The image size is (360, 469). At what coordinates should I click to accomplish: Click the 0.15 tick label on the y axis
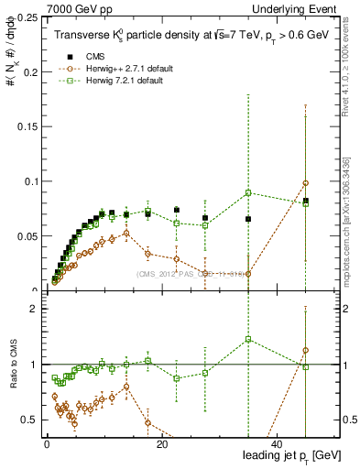point(27,126)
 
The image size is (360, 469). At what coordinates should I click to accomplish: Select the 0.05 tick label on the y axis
point(27,236)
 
